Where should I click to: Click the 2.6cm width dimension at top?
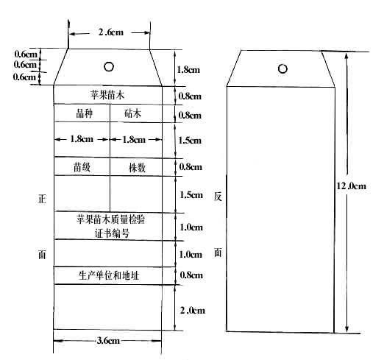[111, 32]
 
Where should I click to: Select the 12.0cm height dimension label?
[352, 186]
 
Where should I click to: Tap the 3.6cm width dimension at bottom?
[108, 340]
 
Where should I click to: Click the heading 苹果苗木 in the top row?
[107, 95]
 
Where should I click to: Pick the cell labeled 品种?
[85, 113]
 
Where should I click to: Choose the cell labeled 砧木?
[132, 113]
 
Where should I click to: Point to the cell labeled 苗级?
[82, 167]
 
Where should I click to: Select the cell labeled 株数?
[137, 168]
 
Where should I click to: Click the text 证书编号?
[112, 233]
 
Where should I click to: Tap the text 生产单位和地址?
[109, 275]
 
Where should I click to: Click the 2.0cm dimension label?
[193, 311]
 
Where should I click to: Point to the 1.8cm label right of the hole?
[188, 70]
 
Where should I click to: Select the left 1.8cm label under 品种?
[82, 139]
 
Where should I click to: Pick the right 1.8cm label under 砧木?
[134, 140]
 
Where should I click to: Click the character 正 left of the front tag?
[42, 199]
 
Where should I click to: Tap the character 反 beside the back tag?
[218, 197]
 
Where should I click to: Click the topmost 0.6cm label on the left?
[26, 54]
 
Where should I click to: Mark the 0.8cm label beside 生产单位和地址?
[191, 275]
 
